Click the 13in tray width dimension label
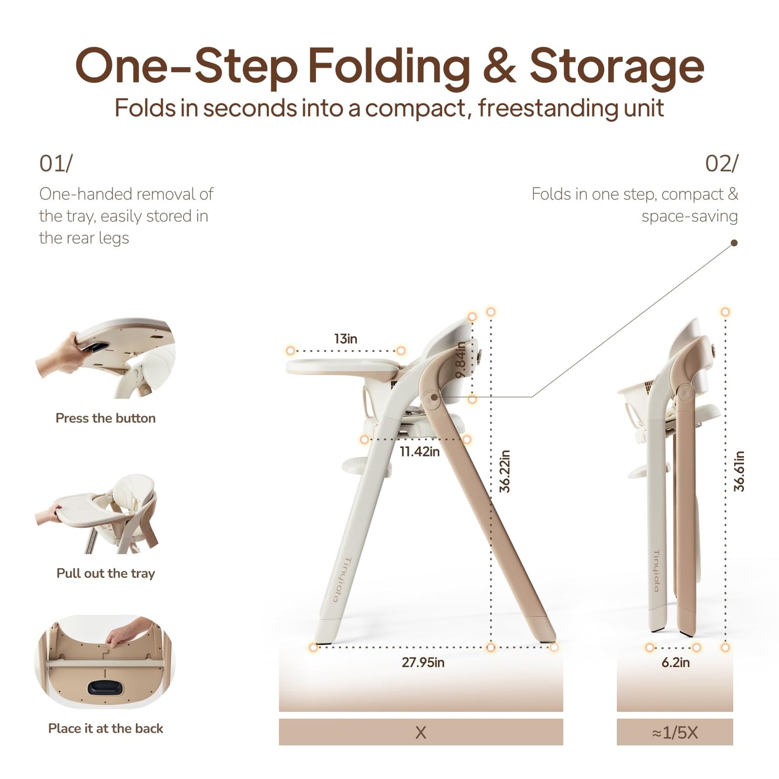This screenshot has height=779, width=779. coord(345,339)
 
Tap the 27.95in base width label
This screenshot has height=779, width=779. coord(423,662)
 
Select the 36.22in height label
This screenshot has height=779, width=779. coord(505,471)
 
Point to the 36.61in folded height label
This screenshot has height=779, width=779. coord(739,471)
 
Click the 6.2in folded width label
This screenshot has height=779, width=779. coord(675,662)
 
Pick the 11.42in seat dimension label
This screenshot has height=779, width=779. coord(419,451)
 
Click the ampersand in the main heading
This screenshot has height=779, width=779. coord(500,65)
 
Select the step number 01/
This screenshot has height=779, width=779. coord(56,164)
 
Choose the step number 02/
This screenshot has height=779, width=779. coord(722,164)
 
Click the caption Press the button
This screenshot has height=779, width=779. coord(106,418)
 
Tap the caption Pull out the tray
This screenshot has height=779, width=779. coord(106,573)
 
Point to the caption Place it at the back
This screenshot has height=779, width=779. coord(106,728)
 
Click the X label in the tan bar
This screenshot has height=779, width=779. coord(420,733)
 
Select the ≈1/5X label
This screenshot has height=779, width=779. coord(675,733)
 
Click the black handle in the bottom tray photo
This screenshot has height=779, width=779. coord(105,687)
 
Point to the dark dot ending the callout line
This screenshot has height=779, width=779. coord(735,243)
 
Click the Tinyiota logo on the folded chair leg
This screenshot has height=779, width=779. coord(657,570)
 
